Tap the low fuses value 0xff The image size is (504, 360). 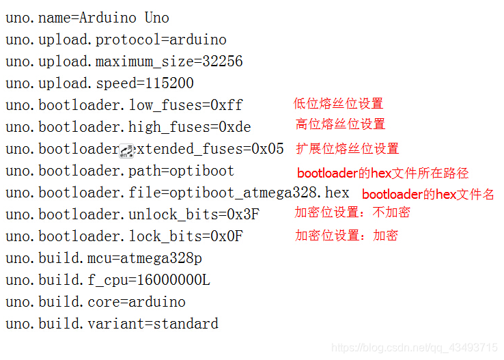[x=226, y=105]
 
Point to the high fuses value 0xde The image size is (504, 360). [x=234, y=127]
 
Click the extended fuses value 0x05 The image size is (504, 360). [x=267, y=149]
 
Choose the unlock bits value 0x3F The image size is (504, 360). [x=242, y=214]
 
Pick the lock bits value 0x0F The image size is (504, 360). [x=226, y=236]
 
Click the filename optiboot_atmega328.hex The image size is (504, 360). [x=260, y=193]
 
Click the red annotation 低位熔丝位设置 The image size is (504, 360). [x=338, y=104]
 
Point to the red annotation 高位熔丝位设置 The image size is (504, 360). [x=340, y=124]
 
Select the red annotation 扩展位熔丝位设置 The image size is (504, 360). [x=347, y=149]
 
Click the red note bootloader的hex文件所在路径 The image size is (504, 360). [x=382, y=174]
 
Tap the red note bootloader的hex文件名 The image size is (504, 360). [x=428, y=195]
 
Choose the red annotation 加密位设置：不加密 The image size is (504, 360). [x=352, y=212]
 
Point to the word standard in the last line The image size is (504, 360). [x=186, y=324]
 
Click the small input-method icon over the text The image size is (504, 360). [x=126, y=152]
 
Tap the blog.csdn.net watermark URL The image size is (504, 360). [x=415, y=348]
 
